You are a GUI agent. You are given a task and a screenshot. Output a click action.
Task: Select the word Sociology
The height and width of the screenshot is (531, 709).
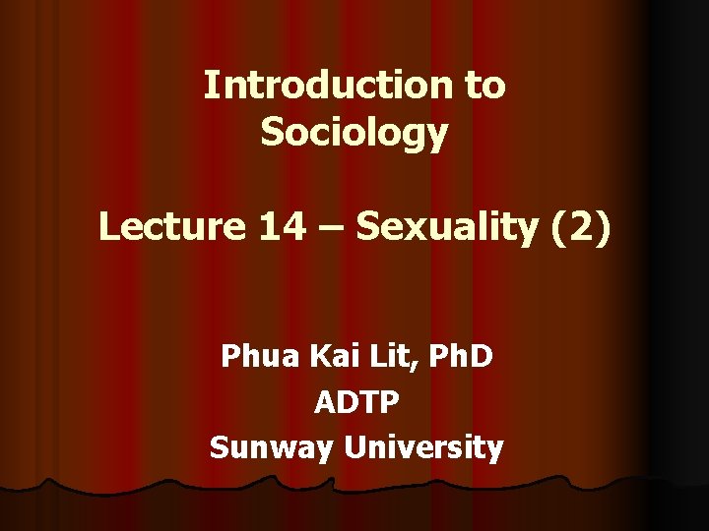[x=354, y=133]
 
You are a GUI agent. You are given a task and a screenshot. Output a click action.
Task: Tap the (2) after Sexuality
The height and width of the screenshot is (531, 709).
[x=582, y=228]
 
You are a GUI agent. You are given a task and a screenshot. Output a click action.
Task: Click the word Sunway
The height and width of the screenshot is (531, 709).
[x=273, y=449]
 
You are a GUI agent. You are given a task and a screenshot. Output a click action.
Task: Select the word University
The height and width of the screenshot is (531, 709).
[x=424, y=449]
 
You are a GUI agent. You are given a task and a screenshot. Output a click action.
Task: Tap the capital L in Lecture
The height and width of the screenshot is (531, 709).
[x=108, y=227]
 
